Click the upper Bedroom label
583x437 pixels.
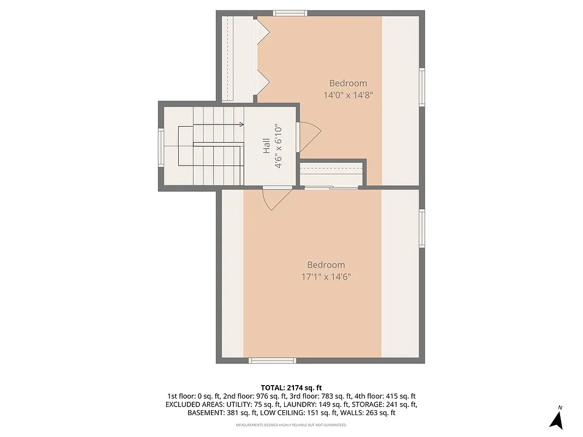point(348,83)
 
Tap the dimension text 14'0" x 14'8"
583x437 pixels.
point(348,95)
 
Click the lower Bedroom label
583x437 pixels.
point(326,264)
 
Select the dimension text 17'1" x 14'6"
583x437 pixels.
point(326,276)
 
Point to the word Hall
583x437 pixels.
point(267,145)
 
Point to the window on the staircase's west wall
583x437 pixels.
point(161,146)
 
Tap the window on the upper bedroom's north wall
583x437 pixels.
point(290,13)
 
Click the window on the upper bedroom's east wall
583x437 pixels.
point(422,87)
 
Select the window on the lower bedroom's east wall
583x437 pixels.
point(422,228)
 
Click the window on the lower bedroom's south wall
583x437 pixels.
point(272,360)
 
